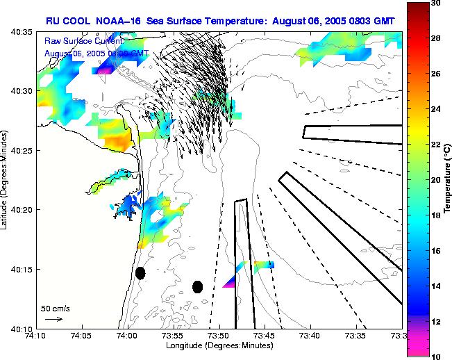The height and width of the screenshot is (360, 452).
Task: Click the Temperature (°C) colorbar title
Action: pyautogui.click(x=448, y=179)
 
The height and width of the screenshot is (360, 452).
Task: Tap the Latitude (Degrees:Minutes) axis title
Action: pyautogui.click(x=6, y=180)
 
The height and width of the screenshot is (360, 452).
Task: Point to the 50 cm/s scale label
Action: pyautogui.click(x=55, y=309)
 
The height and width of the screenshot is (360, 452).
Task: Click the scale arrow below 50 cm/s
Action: pyautogui.click(x=54, y=319)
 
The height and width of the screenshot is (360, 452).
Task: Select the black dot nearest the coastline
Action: pyautogui.click(x=140, y=273)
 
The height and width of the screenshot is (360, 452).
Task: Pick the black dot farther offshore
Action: pyautogui.click(x=197, y=286)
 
